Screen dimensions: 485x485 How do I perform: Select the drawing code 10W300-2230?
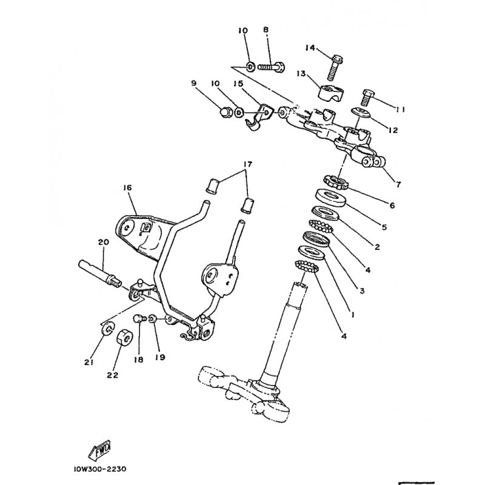tap(100, 469)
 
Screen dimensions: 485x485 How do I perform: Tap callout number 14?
tap(310, 48)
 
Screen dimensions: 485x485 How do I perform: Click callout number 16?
tap(127, 187)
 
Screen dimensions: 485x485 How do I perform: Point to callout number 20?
tap(104, 242)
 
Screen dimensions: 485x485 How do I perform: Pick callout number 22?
tap(113, 375)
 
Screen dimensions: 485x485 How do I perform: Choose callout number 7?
tap(398, 185)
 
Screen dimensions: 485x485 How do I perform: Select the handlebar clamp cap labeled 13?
tap(327, 93)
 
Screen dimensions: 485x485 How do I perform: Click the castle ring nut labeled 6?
tap(336, 182)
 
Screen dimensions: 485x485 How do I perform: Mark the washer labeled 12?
tap(361, 113)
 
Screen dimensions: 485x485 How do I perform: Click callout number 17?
tap(248, 164)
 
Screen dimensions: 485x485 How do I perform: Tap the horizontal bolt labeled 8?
tap(271, 66)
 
